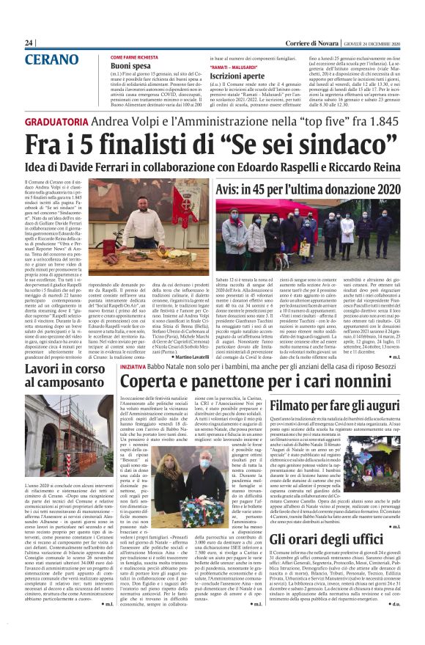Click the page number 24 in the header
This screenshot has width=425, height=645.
[x=29, y=43]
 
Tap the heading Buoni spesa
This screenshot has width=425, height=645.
[x=131, y=65]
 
